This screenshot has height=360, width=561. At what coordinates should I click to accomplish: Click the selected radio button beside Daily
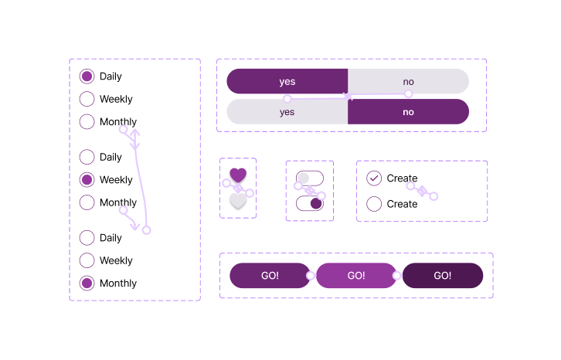coord(87,76)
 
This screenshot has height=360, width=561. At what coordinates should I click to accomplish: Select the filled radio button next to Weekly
coord(87,180)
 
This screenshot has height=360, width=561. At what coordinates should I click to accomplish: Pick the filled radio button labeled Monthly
coord(87,284)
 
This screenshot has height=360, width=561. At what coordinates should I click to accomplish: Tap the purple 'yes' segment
coord(287,82)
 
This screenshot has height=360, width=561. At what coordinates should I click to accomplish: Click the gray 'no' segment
coord(408,82)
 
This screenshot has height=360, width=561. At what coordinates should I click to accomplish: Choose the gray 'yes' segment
coord(287,112)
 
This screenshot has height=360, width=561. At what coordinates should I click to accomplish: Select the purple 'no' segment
coord(408,112)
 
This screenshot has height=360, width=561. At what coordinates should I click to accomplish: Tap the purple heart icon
coord(238,175)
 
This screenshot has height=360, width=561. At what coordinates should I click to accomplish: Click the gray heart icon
coord(238,201)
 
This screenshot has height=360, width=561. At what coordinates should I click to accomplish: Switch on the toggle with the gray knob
coord(310,178)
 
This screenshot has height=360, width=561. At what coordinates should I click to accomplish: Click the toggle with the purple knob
coord(310,203)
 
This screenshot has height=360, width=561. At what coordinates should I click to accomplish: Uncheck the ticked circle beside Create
coord(374,178)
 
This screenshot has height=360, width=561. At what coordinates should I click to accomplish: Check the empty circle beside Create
coord(374,204)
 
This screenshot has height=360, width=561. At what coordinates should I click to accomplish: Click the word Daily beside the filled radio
coord(110,76)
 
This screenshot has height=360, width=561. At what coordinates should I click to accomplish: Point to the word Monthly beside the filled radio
coord(118,284)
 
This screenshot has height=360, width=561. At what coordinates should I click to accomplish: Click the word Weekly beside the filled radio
coord(116,180)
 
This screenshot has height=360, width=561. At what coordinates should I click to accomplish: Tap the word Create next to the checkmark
coord(402,178)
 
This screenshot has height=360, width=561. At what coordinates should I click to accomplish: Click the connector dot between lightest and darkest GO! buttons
coord(396,276)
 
